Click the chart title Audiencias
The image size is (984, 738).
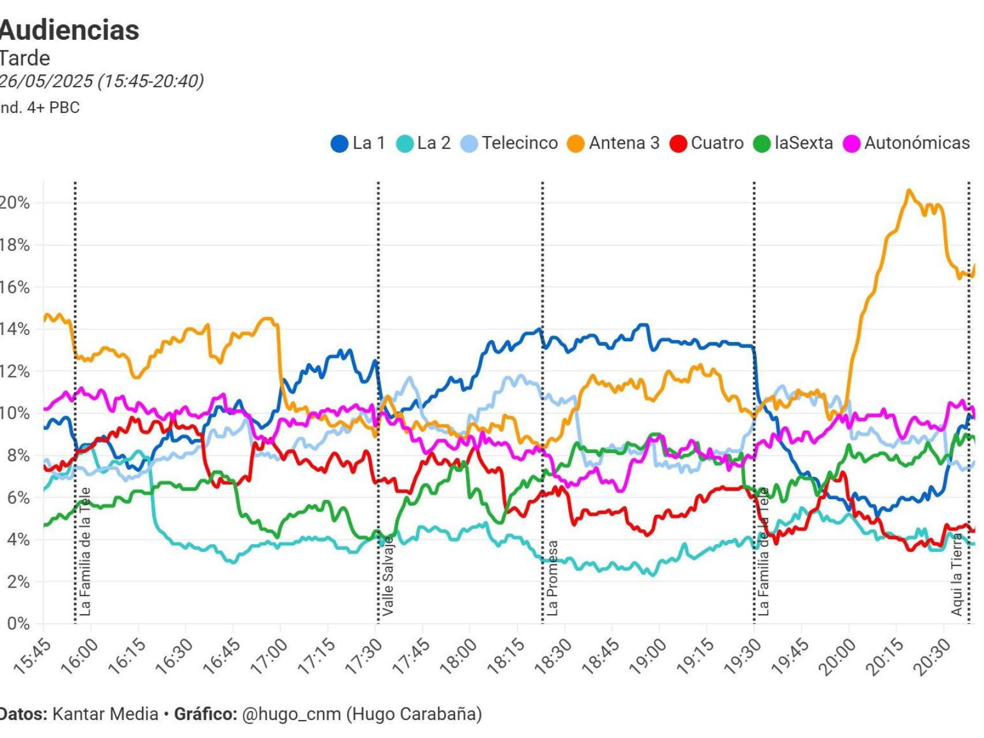pos(69,30)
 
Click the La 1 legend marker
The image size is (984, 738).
pos(339,144)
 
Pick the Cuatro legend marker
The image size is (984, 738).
pos(678,144)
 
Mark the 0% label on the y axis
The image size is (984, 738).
pos(17,624)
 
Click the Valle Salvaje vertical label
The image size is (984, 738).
pos(388,576)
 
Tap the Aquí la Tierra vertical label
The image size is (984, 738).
pos(957,574)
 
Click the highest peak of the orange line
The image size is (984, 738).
pos(909,190)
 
